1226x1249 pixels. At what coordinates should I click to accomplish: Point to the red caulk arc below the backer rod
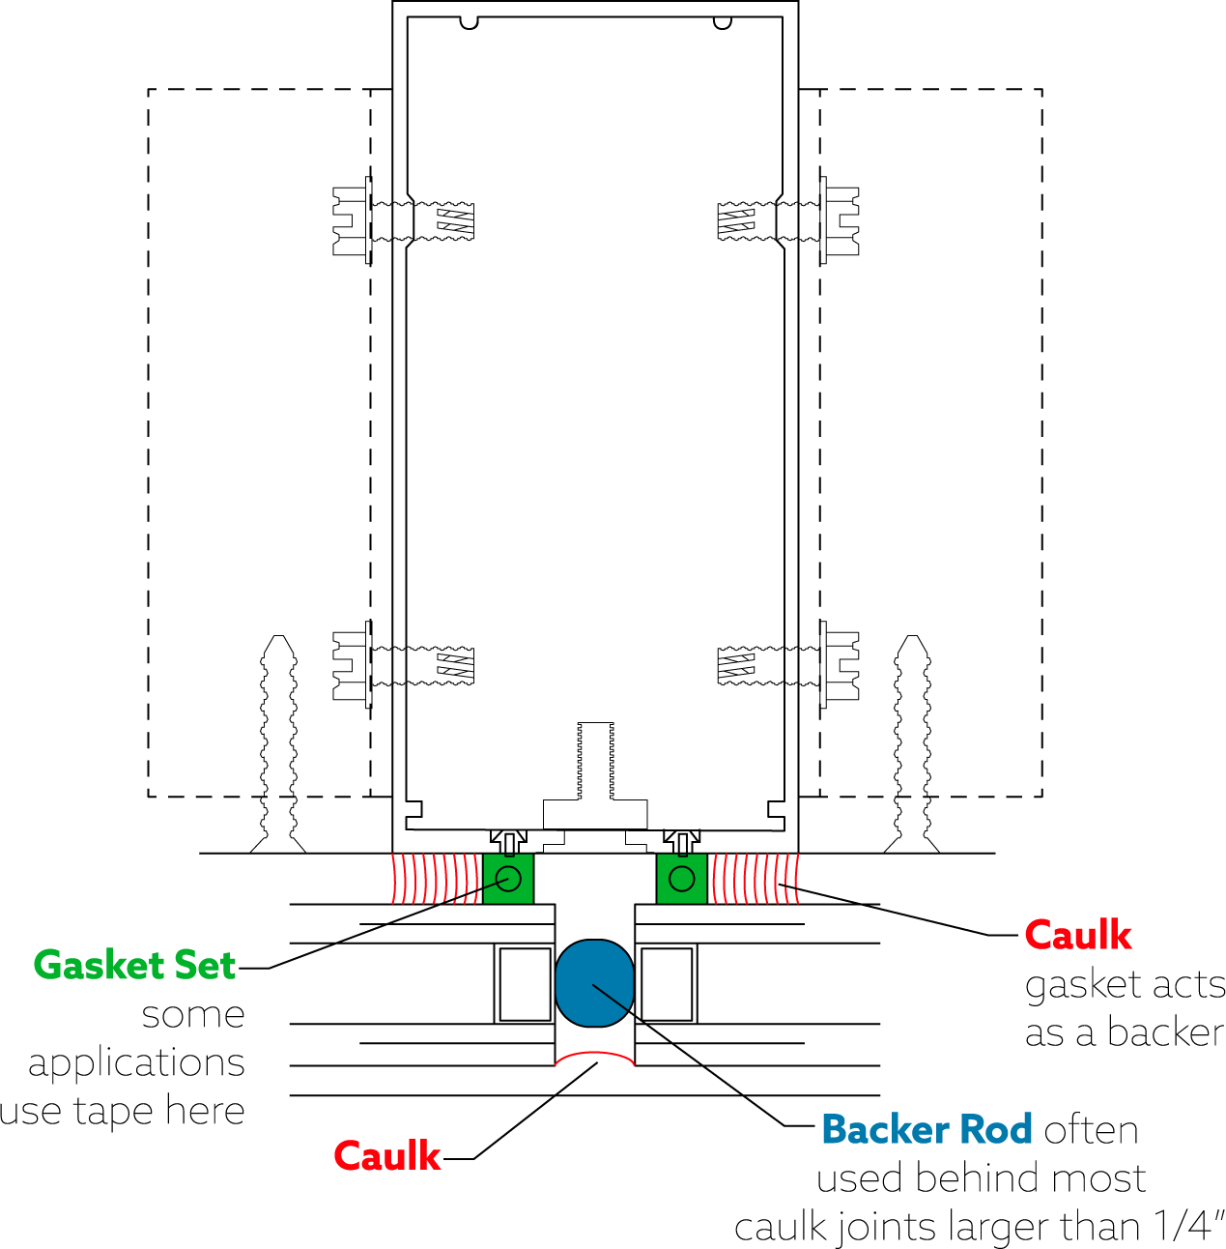[594, 1054]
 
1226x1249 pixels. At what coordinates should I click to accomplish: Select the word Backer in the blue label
[885, 1129]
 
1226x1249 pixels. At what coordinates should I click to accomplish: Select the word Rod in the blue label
[996, 1129]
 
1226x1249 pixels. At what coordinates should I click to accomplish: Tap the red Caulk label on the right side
[1077, 935]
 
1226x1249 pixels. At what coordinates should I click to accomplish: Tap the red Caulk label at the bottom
[386, 1156]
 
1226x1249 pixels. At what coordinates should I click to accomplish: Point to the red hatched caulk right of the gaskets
[756, 879]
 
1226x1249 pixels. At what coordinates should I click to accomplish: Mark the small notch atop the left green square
[509, 856]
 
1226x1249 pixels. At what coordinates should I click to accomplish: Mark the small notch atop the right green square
[682, 856]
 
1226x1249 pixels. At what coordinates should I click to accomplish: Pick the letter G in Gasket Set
[46, 965]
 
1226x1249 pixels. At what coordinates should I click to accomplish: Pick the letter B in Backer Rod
[833, 1129]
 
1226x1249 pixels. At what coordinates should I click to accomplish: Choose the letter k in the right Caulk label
[1120, 935]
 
